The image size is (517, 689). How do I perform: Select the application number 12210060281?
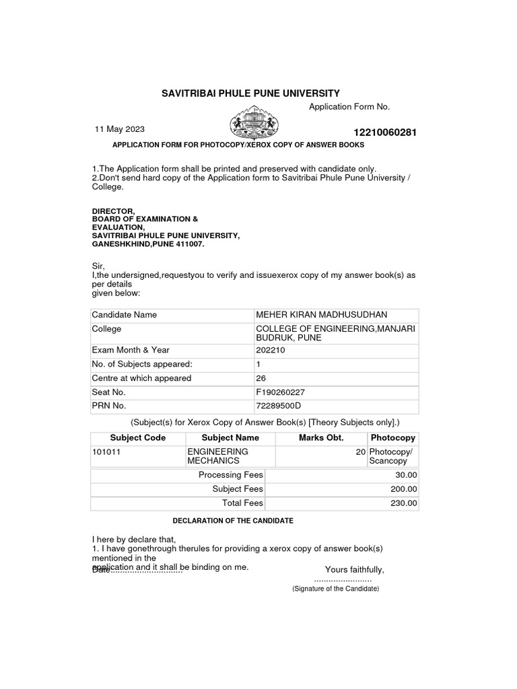(384, 133)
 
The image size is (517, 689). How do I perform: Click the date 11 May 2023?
(119, 129)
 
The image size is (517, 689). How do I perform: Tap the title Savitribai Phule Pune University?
(250, 93)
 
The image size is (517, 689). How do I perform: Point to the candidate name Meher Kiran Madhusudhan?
(321, 315)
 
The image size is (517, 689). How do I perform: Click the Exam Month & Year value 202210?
(269, 350)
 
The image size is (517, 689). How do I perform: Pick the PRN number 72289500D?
(278, 406)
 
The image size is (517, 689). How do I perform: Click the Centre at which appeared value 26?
(261, 378)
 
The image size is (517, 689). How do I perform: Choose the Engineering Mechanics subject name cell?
(217, 456)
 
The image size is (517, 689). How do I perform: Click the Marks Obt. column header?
(321, 437)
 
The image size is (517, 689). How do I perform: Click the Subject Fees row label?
(238, 489)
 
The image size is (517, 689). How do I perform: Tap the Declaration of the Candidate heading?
(233, 521)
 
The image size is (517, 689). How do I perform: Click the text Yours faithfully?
(355, 570)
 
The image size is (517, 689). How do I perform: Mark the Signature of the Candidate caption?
(335, 589)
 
